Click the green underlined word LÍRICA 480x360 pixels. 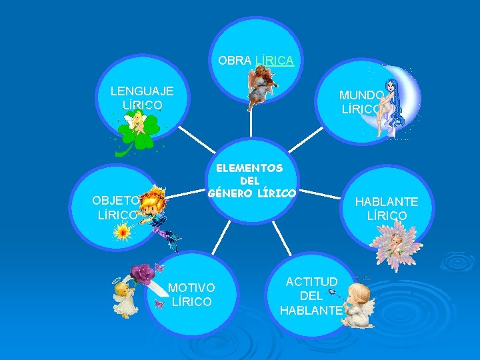pos(274,60)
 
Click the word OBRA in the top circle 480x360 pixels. pos(235,60)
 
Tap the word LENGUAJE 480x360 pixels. pos(142,91)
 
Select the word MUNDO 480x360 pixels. pos(361,95)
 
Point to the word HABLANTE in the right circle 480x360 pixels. pos(387,201)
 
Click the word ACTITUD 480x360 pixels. pos(312,281)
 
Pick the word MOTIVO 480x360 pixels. pos(191,287)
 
